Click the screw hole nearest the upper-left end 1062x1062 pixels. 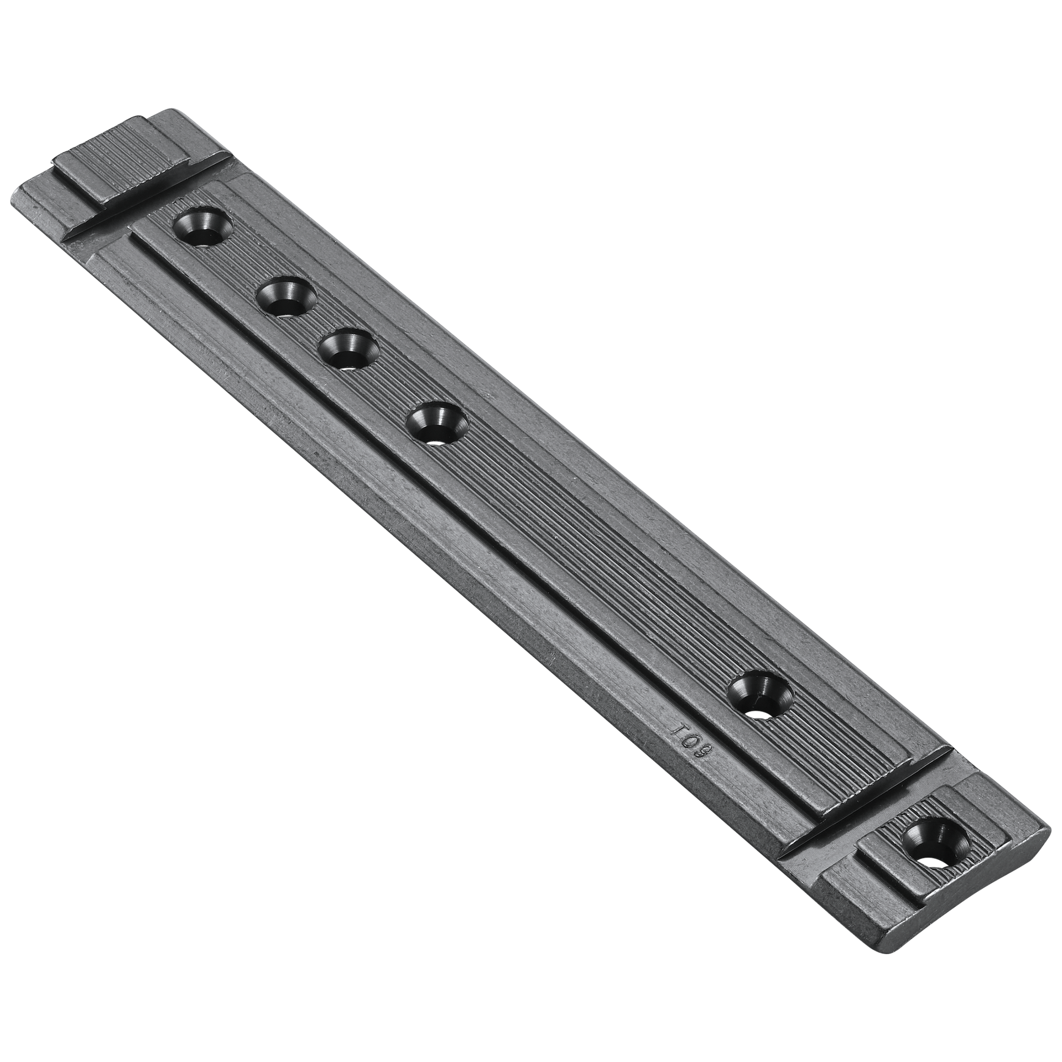(202, 226)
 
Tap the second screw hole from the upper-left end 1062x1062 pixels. (287, 298)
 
